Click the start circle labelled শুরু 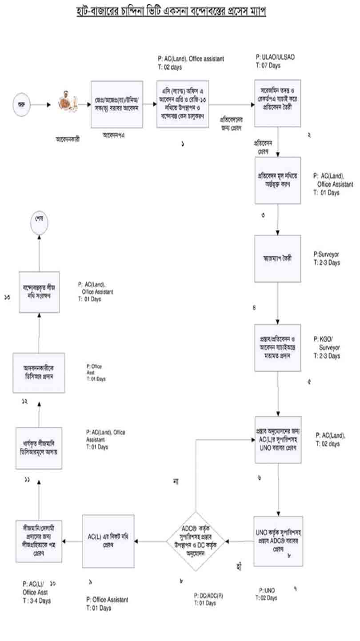(x=21, y=105)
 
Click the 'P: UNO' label (x=267, y=590)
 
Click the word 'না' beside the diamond (x=177, y=482)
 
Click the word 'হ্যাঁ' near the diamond (x=240, y=566)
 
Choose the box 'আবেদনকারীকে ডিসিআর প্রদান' (x=39, y=372)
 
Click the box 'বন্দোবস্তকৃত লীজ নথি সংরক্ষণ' (x=39, y=291)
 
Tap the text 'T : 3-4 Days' (x=36, y=601)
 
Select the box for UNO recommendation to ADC (x=278, y=541)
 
